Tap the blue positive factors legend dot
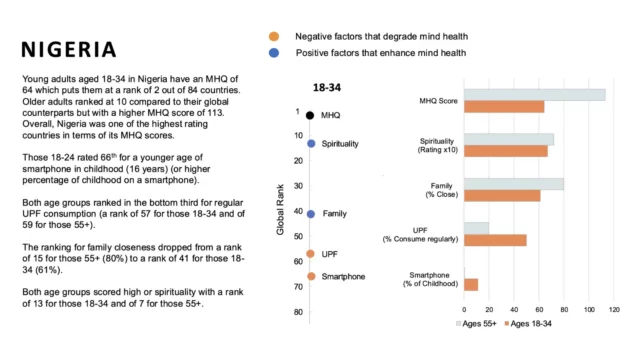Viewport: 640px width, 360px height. click(273, 53)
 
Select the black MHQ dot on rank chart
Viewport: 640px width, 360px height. click(311, 116)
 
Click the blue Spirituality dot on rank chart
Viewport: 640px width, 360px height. click(311, 144)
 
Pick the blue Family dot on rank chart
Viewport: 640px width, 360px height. click(311, 214)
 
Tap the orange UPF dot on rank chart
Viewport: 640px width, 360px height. click(311, 254)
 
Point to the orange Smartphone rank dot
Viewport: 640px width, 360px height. click(311, 276)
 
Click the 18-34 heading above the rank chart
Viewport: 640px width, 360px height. click(327, 88)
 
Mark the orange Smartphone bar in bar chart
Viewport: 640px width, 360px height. click(470, 284)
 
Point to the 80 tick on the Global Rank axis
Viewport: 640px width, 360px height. click(297, 312)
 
